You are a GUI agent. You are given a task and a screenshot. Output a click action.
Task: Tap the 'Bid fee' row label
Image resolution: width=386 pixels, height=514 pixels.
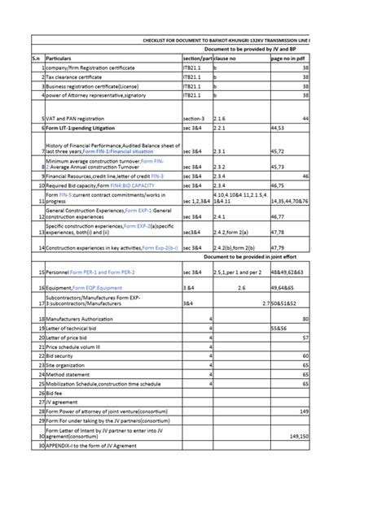click(56, 391)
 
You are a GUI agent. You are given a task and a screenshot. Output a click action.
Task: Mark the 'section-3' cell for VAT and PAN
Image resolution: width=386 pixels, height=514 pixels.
click(196, 119)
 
